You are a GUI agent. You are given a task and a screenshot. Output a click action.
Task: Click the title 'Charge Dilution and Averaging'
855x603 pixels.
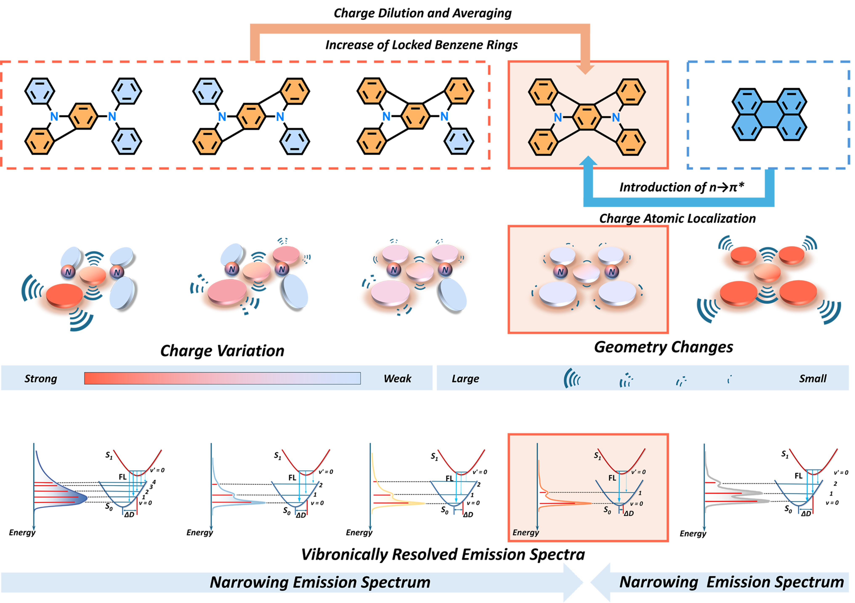(x=422, y=13)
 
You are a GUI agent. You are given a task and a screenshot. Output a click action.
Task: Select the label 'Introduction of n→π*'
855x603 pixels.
(x=681, y=187)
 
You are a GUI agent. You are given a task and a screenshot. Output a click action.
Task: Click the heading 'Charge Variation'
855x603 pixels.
(x=222, y=351)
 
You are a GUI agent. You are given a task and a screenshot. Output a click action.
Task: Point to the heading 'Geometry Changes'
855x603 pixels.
(x=663, y=347)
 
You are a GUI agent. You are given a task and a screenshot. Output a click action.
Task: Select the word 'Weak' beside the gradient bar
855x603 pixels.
(x=397, y=379)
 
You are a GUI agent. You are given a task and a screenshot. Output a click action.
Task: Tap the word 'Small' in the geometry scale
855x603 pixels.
(x=812, y=379)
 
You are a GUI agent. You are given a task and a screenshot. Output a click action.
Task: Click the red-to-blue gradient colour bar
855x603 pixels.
(x=222, y=378)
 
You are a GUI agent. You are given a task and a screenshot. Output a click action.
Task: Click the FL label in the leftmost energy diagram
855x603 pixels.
(x=122, y=477)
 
